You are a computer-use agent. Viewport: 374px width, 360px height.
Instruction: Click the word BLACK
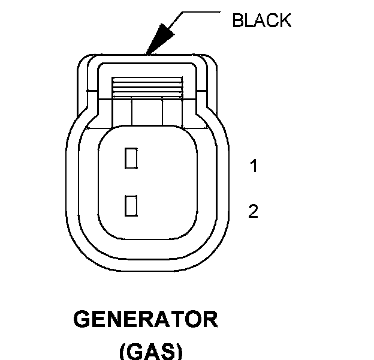pyautogui.click(x=261, y=21)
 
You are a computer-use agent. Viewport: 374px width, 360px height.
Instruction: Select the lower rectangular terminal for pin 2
pyautogui.click(x=131, y=205)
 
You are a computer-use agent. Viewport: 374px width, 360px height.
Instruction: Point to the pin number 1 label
pyautogui.click(x=254, y=166)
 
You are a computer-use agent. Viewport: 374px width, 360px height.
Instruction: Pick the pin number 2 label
pyautogui.click(x=254, y=211)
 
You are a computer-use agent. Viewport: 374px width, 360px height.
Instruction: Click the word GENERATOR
pyautogui.click(x=146, y=320)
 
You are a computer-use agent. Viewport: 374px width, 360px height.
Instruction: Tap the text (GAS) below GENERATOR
pyautogui.click(x=146, y=350)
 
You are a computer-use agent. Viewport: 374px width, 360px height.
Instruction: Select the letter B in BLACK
pyautogui.click(x=237, y=21)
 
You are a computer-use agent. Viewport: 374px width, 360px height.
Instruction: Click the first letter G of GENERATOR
pyautogui.click(x=82, y=320)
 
